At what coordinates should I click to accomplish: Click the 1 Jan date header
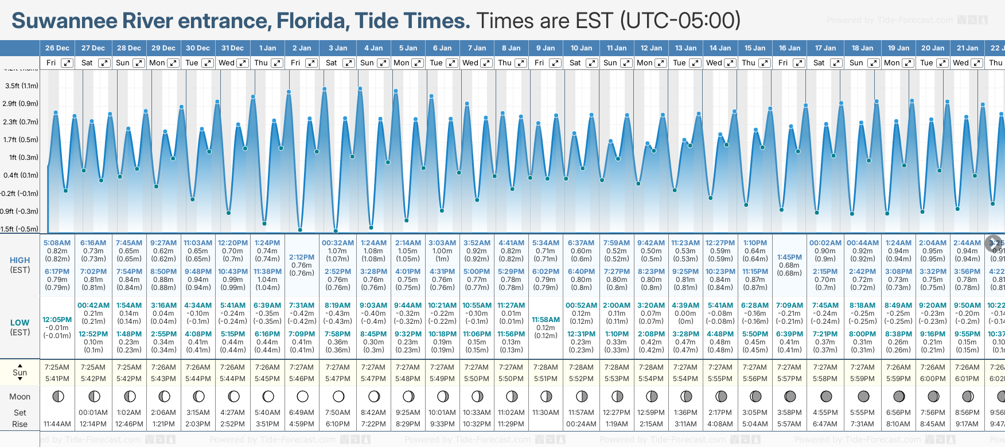(267, 48)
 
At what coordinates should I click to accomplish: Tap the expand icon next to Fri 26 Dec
(67, 63)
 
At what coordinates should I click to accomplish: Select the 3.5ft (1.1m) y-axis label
(22, 86)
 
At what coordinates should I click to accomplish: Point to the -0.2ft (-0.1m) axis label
(21, 194)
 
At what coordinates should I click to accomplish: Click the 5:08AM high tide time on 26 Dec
(57, 243)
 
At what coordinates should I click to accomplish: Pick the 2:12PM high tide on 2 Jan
(302, 257)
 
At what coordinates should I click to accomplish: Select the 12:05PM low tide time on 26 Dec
(57, 320)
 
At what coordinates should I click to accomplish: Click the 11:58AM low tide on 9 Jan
(546, 320)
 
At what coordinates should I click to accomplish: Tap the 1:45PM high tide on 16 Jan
(789, 257)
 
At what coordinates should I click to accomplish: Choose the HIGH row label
(20, 260)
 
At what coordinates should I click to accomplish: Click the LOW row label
(20, 323)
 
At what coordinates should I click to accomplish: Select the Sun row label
(20, 372)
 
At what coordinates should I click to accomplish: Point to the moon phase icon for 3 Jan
(338, 397)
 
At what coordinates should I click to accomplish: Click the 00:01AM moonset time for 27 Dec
(93, 413)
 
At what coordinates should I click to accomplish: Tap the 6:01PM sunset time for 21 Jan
(967, 379)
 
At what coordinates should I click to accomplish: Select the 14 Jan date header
(720, 48)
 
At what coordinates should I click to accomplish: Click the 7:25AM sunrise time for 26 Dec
(57, 367)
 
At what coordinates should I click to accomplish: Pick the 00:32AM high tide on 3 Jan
(337, 243)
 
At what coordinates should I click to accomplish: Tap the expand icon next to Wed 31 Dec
(242, 63)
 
